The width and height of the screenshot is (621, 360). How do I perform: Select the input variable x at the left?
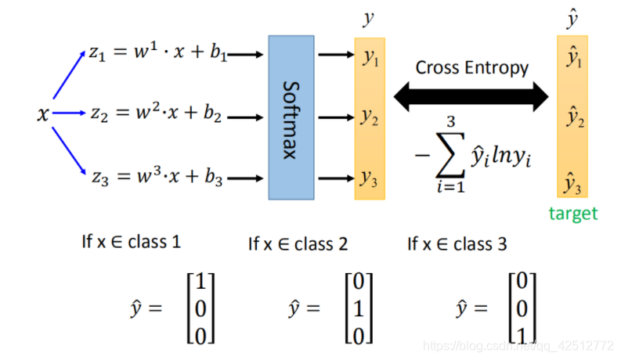[43, 115]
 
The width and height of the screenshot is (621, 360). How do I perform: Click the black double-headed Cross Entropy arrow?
[471, 97]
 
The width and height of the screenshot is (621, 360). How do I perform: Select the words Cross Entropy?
[471, 68]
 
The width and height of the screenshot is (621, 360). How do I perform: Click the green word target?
[572, 213]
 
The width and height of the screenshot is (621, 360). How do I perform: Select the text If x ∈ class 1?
[131, 243]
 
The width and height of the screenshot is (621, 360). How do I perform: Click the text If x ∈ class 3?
[457, 244]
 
